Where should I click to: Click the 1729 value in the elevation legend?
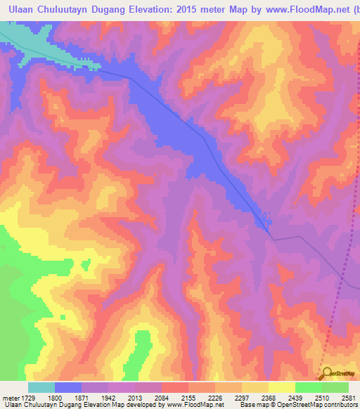tap(27, 398)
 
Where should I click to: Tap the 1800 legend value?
tap(56, 398)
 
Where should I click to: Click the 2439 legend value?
tap(295, 398)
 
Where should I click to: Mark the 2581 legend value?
tap(347, 398)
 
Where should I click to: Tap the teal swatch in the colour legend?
tap(41, 387)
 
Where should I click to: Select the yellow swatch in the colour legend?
tap(281, 387)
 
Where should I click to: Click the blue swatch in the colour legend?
tap(68, 387)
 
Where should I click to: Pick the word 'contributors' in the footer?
tap(340, 405)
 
